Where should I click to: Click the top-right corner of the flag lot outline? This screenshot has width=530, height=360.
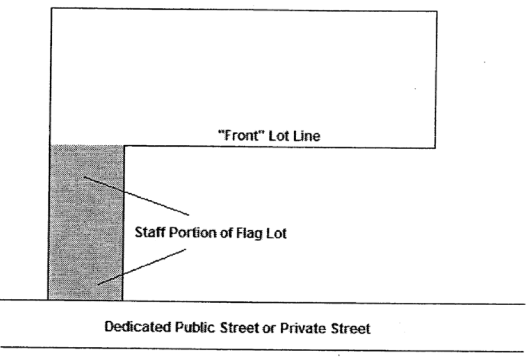pos(437,11)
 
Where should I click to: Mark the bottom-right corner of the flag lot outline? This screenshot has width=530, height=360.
pos(437,148)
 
